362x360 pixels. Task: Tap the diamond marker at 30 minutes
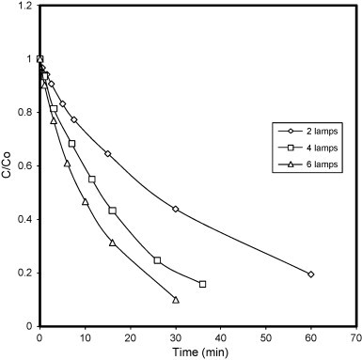[x=176, y=209]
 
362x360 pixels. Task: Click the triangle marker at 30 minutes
[x=176, y=300]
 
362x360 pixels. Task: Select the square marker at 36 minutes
[x=202, y=284]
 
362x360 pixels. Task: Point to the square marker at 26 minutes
[x=157, y=260]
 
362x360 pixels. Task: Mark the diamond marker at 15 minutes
[x=107, y=153]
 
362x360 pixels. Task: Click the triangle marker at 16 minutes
[x=112, y=243]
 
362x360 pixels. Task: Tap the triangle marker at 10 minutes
[x=85, y=201]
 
